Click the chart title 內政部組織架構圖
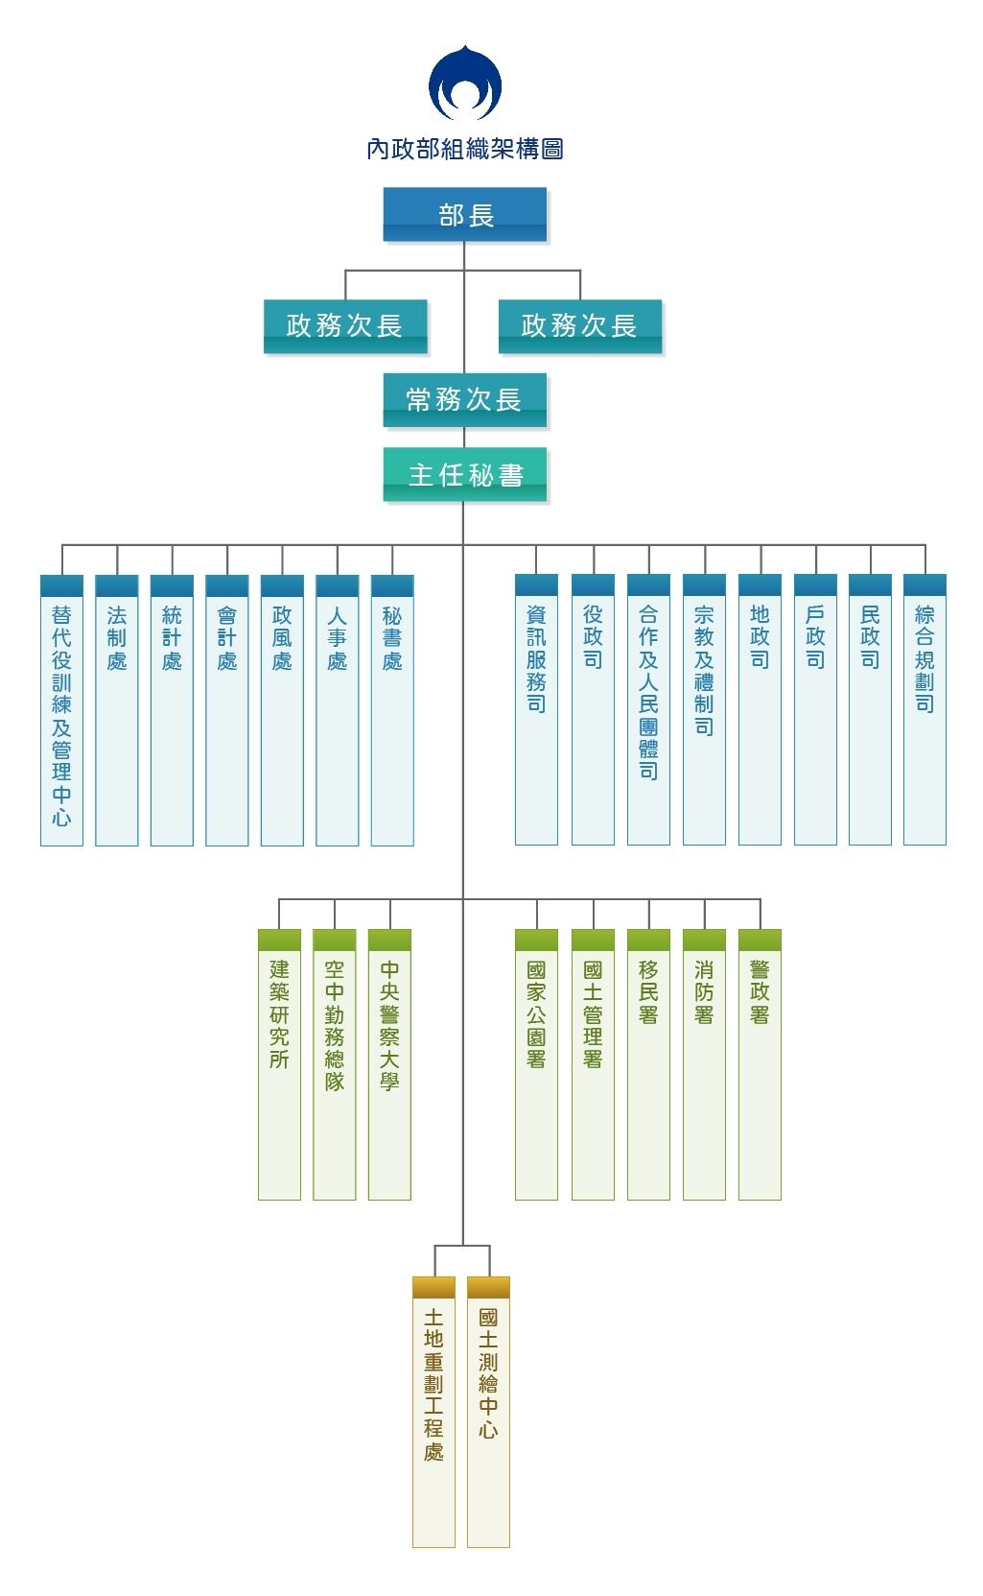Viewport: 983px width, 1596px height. tap(465, 149)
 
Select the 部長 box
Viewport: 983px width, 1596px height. tap(465, 214)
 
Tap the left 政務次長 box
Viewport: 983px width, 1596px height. tap(345, 325)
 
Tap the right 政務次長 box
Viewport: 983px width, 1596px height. tap(580, 325)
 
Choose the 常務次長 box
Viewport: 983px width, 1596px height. tap(465, 399)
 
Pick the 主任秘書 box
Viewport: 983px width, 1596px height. tap(465, 474)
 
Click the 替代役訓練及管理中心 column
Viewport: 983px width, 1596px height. tap(61, 710)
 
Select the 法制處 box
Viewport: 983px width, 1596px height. tap(117, 710)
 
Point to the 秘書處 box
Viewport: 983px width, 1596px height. tap(392, 710)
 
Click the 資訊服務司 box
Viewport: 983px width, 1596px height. tap(536, 710)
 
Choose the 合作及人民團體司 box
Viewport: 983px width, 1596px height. tap(648, 710)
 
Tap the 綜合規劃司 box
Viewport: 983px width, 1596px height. tap(924, 710)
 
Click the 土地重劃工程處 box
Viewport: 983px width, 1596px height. tap(433, 1411)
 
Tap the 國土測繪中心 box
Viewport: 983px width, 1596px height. tap(488, 1411)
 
